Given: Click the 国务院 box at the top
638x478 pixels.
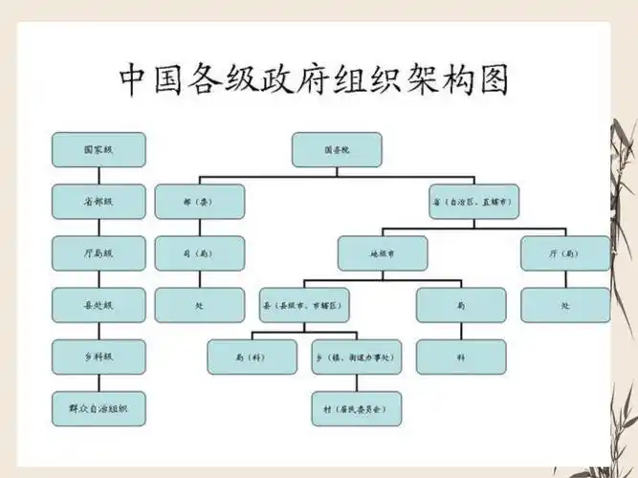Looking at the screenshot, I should click(x=336, y=149).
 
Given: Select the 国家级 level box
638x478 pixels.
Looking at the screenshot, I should click(x=99, y=149).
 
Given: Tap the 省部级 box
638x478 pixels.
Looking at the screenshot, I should click(x=99, y=202).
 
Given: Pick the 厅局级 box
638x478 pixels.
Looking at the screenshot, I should click(x=99, y=253).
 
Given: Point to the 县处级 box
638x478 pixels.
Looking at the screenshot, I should click(x=99, y=305).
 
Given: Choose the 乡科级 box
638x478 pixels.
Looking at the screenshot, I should click(x=99, y=357).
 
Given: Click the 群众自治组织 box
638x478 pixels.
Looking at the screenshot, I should click(x=99, y=408).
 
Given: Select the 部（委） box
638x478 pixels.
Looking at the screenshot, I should click(x=199, y=202).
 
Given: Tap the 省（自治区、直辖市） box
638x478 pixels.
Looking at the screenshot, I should click(x=473, y=202).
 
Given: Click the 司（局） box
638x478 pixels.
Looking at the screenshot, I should click(x=199, y=253).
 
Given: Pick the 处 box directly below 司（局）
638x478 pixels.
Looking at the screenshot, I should click(x=199, y=305).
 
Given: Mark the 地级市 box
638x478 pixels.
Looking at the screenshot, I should click(x=382, y=253).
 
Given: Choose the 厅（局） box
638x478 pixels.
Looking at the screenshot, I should click(x=565, y=253).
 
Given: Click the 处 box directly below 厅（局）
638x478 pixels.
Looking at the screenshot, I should click(x=565, y=305).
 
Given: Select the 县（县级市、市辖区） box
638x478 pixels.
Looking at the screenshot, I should click(x=305, y=305).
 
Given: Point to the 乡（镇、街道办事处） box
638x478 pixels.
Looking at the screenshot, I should click(x=356, y=357).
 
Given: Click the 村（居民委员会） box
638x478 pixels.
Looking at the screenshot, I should click(x=356, y=408).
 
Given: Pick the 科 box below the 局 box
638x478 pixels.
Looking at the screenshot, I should click(x=461, y=357).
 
